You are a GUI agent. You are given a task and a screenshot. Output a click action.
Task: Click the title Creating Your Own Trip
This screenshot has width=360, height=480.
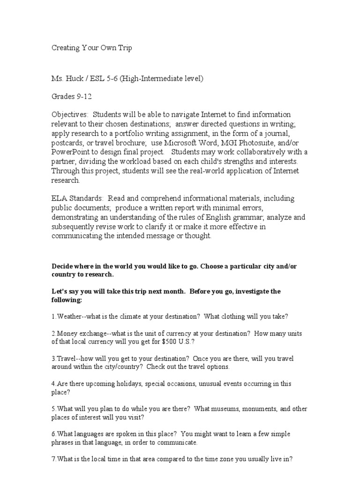91,48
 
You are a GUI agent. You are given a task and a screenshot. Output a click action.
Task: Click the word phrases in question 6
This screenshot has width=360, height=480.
65,442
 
